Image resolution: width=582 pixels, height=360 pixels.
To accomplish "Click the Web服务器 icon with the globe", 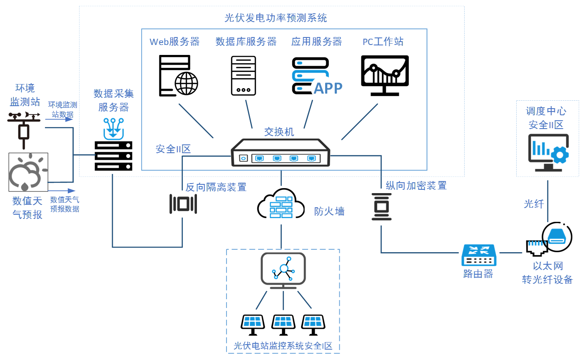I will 178,76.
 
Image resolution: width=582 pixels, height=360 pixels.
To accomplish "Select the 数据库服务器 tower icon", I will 244,76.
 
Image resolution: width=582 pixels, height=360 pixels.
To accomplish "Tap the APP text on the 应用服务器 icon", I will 328,88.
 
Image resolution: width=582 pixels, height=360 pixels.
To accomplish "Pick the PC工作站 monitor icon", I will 383,75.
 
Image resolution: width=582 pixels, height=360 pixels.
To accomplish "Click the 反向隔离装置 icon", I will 183,204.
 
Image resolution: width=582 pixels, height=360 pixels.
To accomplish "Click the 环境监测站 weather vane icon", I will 24,127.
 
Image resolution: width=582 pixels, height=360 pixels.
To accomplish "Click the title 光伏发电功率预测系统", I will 275,18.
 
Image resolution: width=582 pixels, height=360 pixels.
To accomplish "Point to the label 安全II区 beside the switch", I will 173,149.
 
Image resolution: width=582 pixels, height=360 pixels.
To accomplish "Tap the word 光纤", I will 534,204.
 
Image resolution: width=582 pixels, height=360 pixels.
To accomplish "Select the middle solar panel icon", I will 284,324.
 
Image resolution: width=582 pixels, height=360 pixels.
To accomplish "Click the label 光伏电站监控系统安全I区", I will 283,346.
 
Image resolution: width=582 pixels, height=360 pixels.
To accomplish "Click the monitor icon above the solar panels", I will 283,270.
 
